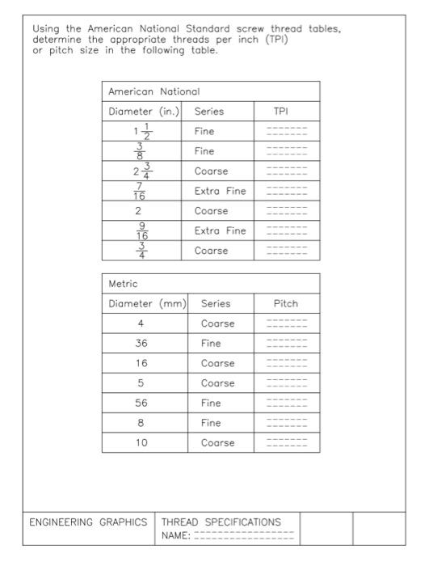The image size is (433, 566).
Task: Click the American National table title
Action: (x=153, y=92)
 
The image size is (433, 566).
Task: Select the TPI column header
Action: (x=287, y=112)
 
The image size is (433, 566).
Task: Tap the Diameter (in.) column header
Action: (x=144, y=112)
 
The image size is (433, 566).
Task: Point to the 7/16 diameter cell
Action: (x=140, y=191)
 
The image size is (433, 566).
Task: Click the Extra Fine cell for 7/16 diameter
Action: (x=220, y=191)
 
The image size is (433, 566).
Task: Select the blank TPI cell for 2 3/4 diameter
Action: (x=287, y=171)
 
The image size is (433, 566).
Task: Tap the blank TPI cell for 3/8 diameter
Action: (x=287, y=151)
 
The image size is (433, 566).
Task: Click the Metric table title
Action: (x=123, y=284)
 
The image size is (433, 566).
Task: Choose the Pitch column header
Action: (x=286, y=304)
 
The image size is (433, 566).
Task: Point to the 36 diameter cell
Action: (x=141, y=344)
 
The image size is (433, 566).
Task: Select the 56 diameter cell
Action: (x=141, y=403)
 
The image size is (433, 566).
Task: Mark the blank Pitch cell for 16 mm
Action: (x=287, y=363)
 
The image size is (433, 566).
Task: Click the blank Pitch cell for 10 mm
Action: (x=287, y=443)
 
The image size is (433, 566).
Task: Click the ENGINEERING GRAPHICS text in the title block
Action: (x=88, y=522)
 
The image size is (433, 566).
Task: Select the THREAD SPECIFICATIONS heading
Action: (x=221, y=522)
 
